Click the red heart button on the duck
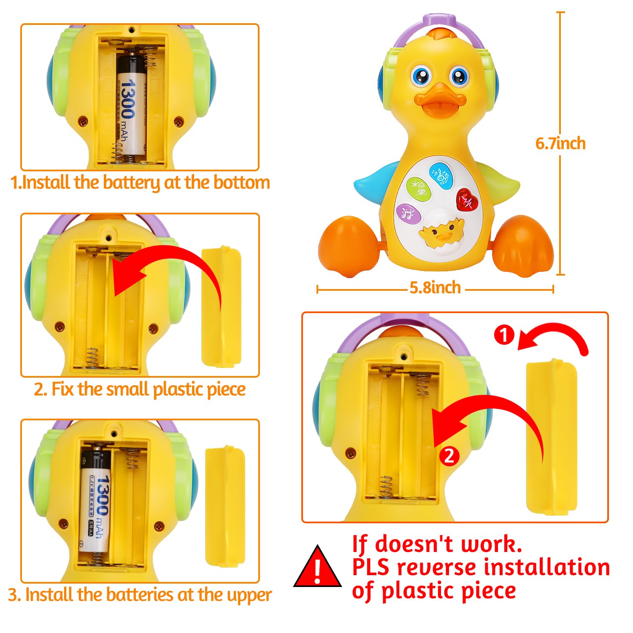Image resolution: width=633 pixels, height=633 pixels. (467, 200)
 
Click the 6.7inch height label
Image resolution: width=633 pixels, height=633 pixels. (560, 143)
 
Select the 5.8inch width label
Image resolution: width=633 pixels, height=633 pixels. (435, 288)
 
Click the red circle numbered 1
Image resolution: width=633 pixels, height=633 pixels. (504, 335)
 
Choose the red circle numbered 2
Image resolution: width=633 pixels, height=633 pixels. (449, 456)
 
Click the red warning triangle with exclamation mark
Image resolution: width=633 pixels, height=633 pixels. (317, 568)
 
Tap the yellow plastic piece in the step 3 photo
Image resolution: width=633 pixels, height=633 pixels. (225, 506)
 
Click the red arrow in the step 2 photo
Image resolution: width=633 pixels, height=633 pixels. (169, 266)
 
